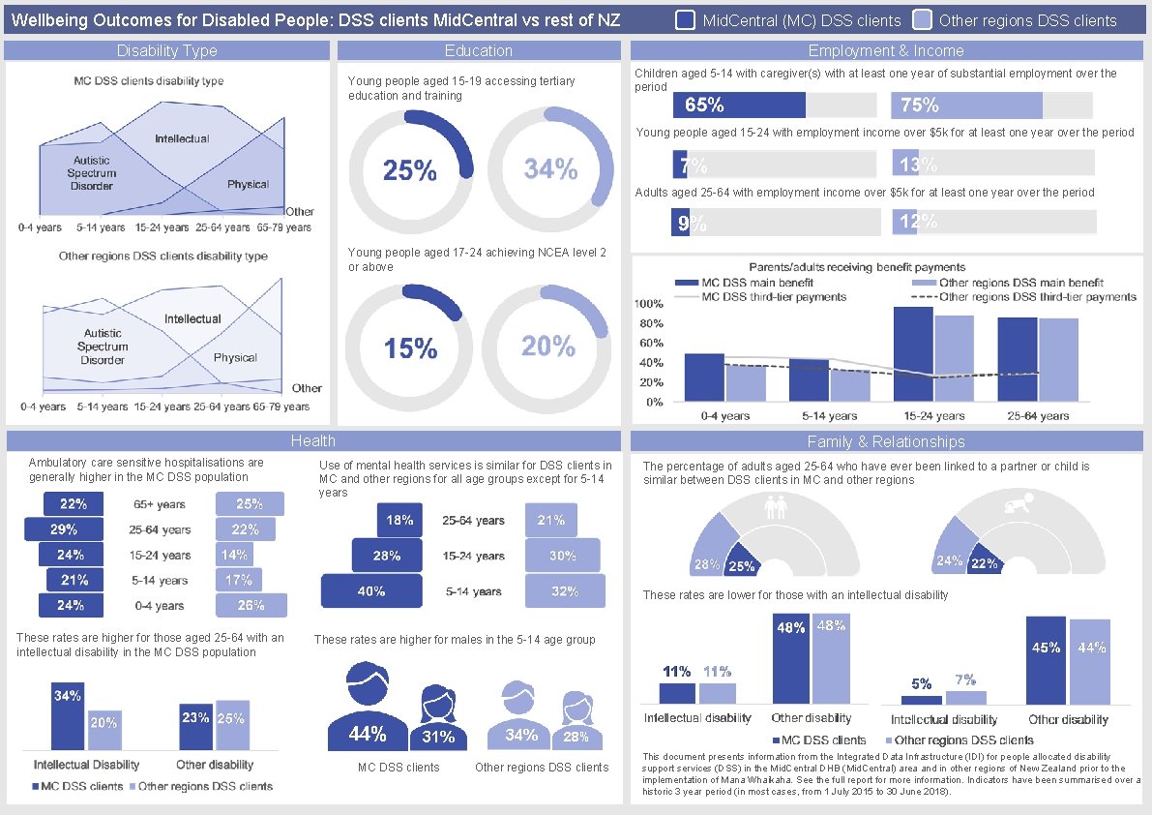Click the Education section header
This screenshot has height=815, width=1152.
click(478, 50)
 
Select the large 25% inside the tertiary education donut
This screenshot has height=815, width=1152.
click(410, 170)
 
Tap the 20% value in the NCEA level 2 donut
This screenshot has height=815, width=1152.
click(548, 346)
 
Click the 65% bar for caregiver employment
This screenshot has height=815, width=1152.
click(739, 106)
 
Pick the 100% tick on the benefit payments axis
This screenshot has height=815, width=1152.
click(648, 304)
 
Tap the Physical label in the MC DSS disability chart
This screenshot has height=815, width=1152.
click(249, 184)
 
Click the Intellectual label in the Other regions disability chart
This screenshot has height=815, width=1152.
click(192, 318)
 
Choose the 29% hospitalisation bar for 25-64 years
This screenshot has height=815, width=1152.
click(64, 529)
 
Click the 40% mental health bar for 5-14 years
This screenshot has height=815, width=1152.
click(371, 590)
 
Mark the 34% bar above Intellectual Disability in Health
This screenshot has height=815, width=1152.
click(68, 716)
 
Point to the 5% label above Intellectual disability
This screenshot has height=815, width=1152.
click(921, 684)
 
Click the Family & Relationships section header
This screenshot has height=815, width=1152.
click(886, 441)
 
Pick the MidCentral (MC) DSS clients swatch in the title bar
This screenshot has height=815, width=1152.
click(685, 19)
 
